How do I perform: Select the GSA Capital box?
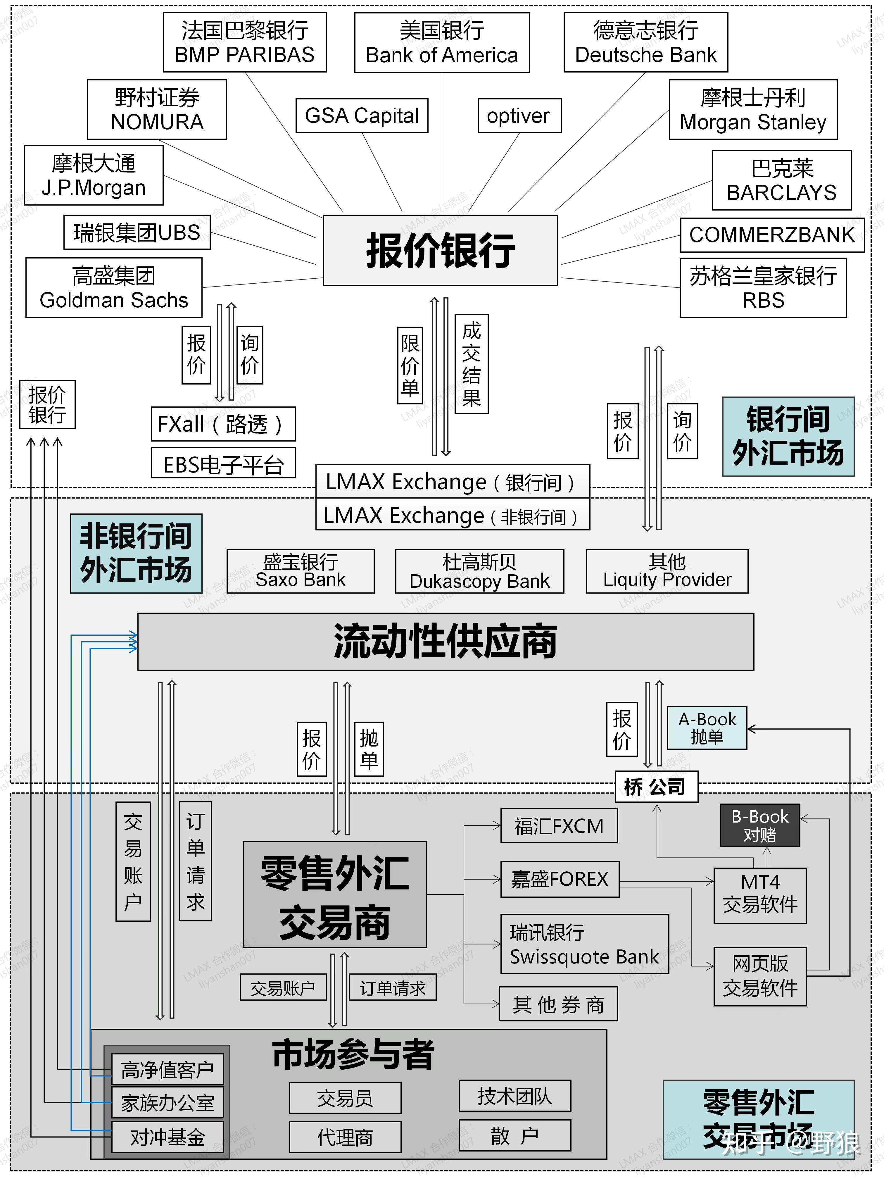coord(362,116)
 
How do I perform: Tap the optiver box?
coord(519,116)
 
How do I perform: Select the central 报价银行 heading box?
coord(440,251)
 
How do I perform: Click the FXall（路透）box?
coord(223,424)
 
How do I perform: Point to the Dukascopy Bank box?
coord(479,571)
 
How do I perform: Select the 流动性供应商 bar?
coord(446,641)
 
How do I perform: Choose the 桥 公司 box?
coord(656,787)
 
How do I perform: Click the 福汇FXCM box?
coord(559,825)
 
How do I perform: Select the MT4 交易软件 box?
coord(760,895)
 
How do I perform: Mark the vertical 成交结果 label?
coord(471,364)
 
